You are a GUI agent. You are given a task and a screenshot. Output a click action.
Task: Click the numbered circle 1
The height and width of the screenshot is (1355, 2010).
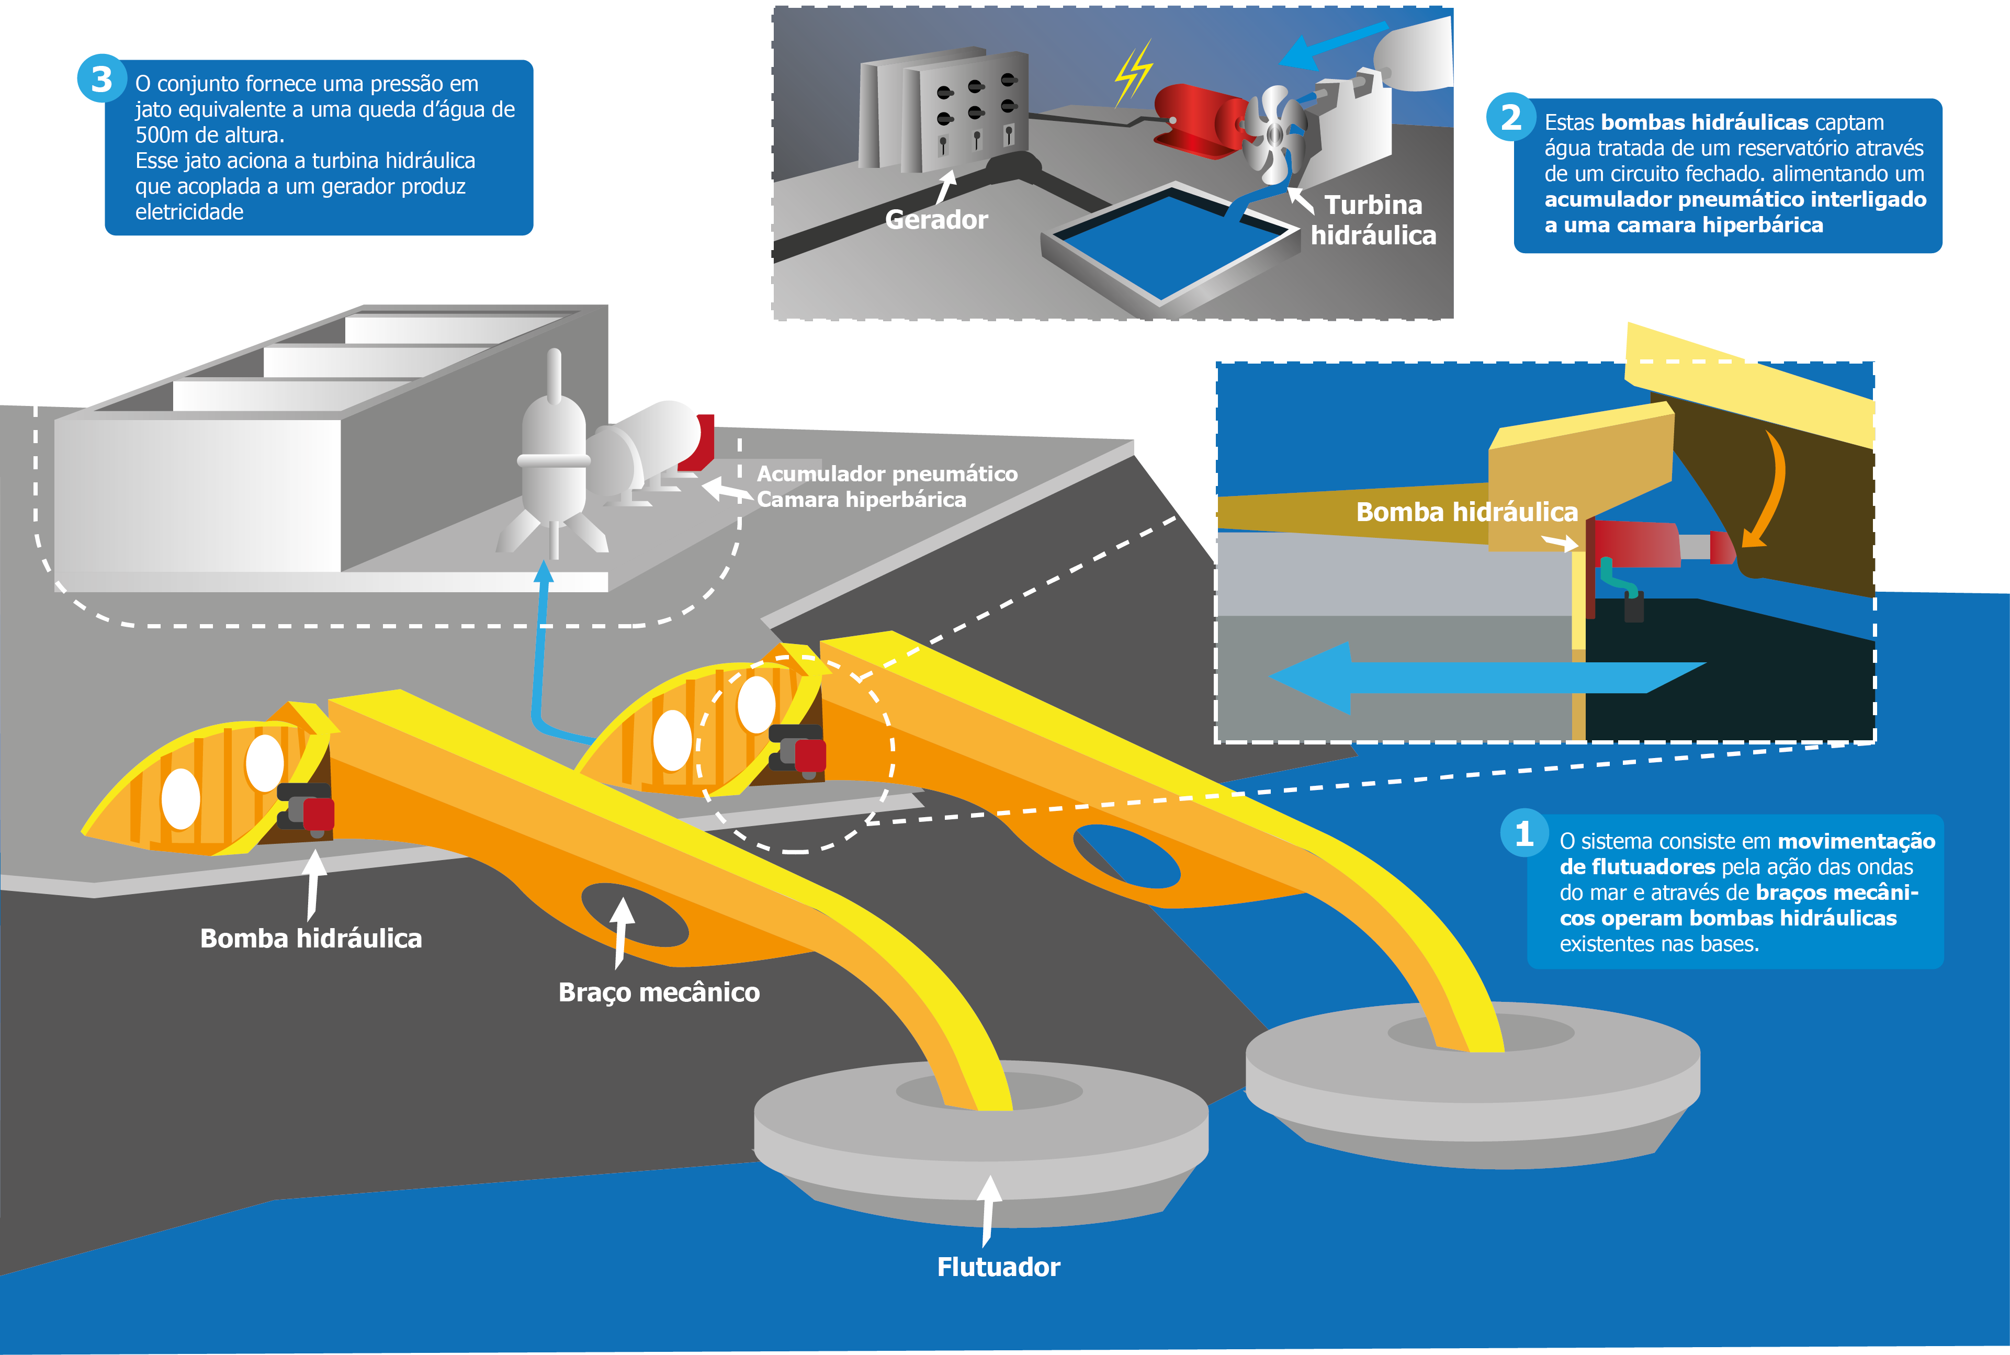[x=1523, y=833]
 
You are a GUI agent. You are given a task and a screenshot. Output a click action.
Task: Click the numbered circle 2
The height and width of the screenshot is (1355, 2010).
[x=1510, y=118]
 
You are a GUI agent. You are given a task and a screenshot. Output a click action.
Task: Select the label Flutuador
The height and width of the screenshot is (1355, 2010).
[x=998, y=1267]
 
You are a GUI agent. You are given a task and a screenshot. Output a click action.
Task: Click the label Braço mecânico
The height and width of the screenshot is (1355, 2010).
[x=659, y=992]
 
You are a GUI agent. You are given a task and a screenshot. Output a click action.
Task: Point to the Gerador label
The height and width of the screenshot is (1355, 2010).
[x=936, y=220]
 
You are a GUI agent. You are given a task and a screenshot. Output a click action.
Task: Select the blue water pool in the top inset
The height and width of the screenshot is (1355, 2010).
[x=1171, y=246]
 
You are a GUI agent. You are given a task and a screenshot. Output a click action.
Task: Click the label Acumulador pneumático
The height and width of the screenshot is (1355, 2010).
[x=887, y=473]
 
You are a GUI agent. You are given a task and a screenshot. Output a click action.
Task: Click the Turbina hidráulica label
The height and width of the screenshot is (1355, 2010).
[x=1373, y=220]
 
